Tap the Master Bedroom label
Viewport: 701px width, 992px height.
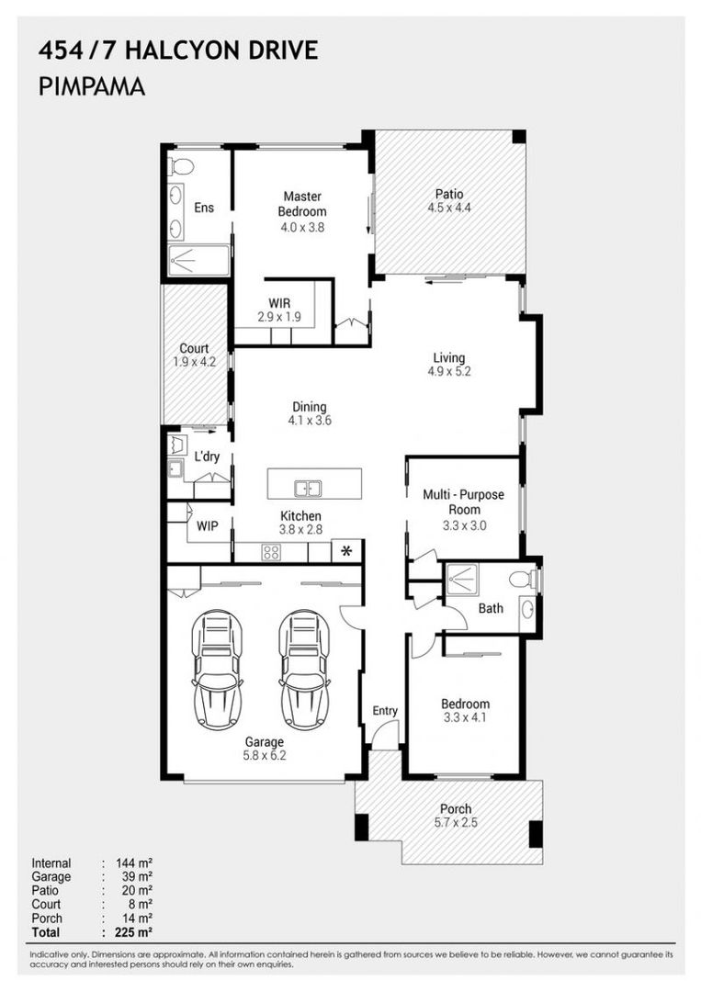[x=303, y=204]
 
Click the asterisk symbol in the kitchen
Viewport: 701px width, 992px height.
[x=346, y=551]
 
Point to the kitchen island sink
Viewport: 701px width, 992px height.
[x=307, y=488]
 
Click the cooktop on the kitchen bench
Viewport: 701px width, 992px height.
[x=271, y=552]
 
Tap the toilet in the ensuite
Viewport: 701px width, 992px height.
[x=182, y=166]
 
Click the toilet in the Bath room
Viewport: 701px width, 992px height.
[x=523, y=580]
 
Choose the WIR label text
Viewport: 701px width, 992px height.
[x=280, y=303]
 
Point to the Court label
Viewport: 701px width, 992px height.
[x=193, y=349]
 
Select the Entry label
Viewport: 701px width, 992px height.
[x=385, y=711]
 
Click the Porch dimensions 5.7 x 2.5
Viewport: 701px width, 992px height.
[x=456, y=823]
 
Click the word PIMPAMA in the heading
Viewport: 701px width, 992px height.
[x=92, y=87]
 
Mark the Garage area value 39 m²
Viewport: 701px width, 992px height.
[x=134, y=877]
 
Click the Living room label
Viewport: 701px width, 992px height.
[x=449, y=358]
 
